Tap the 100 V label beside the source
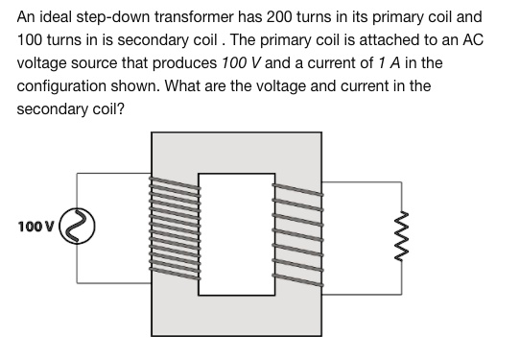[x=36, y=228]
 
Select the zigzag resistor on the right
[x=405, y=236]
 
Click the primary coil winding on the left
[x=174, y=229]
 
